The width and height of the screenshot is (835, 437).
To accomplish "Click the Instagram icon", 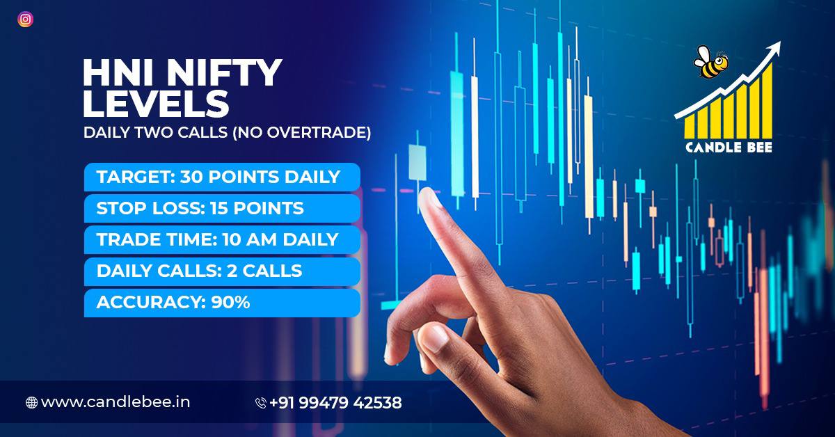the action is click(x=25, y=19).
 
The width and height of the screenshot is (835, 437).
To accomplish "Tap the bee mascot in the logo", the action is click(x=710, y=62).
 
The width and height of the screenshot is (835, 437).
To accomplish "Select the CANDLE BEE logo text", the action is click(x=729, y=148).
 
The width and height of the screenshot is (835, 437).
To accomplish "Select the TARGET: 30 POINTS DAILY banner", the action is click(x=222, y=177).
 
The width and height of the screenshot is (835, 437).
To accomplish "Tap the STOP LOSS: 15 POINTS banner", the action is click(x=222, y=208).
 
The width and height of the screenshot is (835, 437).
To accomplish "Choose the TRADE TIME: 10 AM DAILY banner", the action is click(x=222, y=239).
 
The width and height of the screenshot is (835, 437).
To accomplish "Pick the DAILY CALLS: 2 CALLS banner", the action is click(x=222, y=271).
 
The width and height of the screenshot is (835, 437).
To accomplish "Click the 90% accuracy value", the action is click(x=230, y=303).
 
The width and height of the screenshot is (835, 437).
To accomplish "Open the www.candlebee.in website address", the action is click(x=116, y=402).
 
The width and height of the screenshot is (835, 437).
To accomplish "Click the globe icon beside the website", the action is click(x=32, y=403).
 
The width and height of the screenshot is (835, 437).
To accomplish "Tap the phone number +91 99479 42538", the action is click(x=335, y=403).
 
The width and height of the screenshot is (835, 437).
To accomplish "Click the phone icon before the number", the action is click(x=261, y=403).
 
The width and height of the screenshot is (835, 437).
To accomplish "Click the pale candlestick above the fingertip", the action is click(x=417, y=163).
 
